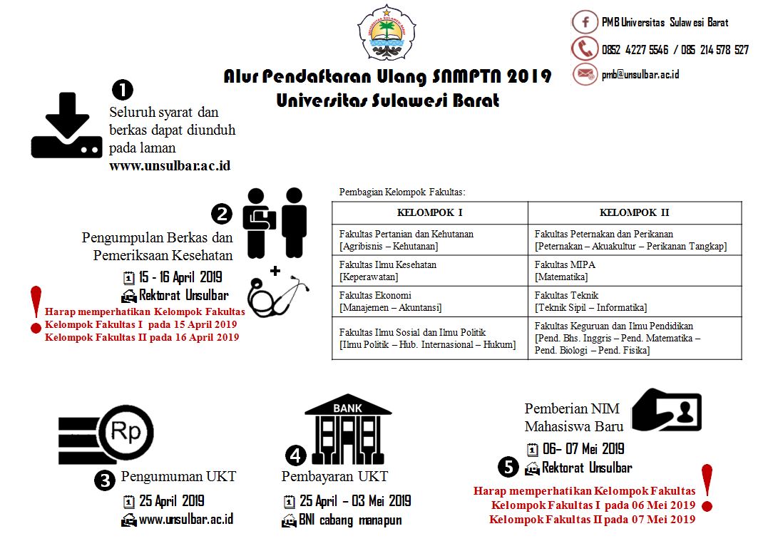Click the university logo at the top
click(x=386, y=32)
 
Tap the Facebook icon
click(x=585, y=22)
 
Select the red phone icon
click(x=585, y=48)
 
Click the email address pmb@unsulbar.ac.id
click(x=640, y=74)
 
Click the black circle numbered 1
click(x=123, y=89)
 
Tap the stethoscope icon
click(x=278, y=293)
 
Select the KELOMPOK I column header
click(x=429, y=212)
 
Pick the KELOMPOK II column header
click(x=634, y=212)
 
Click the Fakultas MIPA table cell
click(x=634, y=271)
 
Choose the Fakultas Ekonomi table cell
click(x=429, y=302)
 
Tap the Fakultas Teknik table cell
click(x=634, y=302)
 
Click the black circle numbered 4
click(x=296, y=455)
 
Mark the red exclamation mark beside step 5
click(x=707, y=488)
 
